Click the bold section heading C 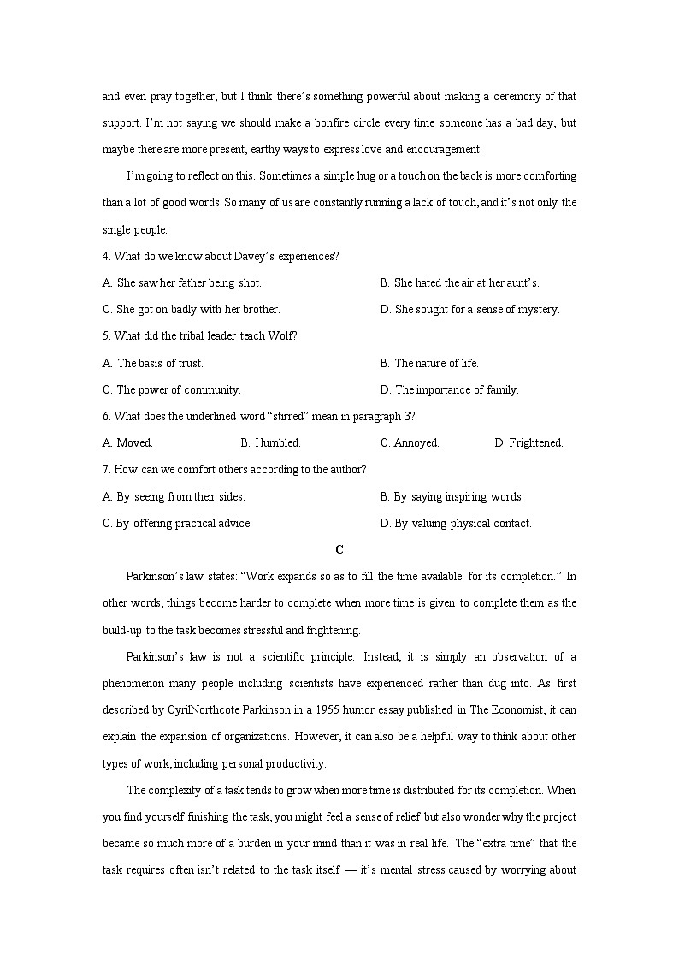click(339, 549)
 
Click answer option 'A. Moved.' click(127, 443)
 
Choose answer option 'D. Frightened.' click(528, 443)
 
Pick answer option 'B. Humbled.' click(270, 443)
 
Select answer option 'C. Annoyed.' click(410, 443)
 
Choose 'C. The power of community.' click(172, 389)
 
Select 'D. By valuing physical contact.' click(456, 524)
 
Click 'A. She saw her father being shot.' click(182, 282)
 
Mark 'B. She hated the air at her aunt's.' click(459, 282)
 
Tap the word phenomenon click(134, 683)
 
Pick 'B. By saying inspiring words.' click(452, 496)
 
